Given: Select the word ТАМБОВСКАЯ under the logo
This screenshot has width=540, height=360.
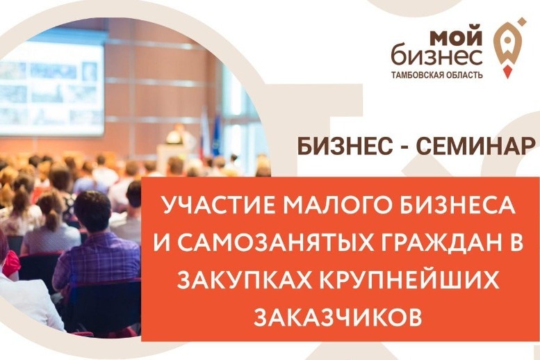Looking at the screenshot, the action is coord(414,75).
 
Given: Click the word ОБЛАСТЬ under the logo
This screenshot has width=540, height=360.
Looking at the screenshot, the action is coord(461,75).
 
